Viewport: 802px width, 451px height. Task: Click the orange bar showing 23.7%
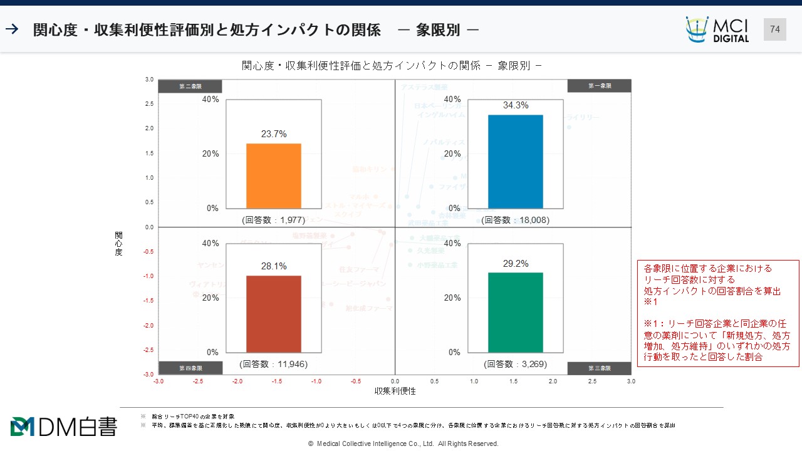[x=273, y=176]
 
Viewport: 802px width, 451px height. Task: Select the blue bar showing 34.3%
[x=515, y=162]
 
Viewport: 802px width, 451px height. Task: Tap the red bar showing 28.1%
[x=273, y=314]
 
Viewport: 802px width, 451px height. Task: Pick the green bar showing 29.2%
[x=515, y=312]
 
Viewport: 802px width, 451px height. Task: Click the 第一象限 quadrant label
[x=599, y=86]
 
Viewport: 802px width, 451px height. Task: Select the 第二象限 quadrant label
[x=190, y=86]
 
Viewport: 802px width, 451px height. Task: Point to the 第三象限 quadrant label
[x=599, y=368]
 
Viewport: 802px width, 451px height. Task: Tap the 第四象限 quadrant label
[x=190, y=368]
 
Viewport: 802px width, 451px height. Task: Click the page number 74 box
[x=774, y=29]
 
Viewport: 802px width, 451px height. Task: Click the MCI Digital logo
[x=717, y=29]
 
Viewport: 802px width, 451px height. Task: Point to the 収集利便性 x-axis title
[x=395, y=391]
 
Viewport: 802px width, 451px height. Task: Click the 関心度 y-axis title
[x=118, y=244]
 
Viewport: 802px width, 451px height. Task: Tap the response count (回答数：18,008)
[x=515, y=220]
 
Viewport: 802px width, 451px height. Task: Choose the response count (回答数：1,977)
[x=273, y=220]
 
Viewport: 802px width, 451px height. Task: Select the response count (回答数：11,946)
[x=273, y=364]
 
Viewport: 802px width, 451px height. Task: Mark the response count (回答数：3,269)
[x=515, y=364]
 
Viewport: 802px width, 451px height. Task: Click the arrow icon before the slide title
[x=12, y=29]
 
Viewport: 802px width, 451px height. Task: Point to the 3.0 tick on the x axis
[x=630, y=381]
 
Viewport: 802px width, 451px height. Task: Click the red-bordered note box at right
[x=717, y=313]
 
